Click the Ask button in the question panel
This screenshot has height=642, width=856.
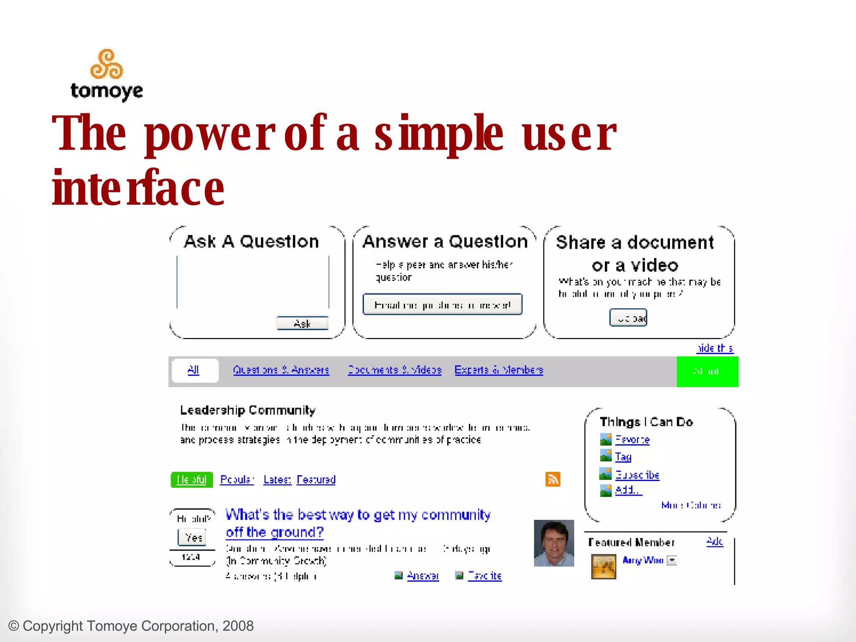point(302,324)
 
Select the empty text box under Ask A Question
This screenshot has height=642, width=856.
point(253,282)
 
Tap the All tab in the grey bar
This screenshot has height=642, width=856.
point(194,370)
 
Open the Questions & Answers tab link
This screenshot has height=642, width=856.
point(281,370)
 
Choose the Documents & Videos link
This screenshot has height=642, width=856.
point(395,370)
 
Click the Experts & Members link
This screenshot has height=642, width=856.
point(499,370)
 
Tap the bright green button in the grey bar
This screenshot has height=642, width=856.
point(707,372)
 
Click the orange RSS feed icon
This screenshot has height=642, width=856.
point(553,479)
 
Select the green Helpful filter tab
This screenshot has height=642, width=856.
point(192,480)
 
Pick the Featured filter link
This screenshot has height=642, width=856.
point(316,480)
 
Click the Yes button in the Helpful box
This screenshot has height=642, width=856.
point(192,538)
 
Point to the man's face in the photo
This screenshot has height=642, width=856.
point(554,543)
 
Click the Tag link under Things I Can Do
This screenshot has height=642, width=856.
point(623,457)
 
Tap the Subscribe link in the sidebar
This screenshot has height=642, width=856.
point(637,475)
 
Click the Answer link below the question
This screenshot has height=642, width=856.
point(423,576)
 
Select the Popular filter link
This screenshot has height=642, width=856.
point(237,480)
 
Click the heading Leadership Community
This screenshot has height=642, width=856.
point(248,410)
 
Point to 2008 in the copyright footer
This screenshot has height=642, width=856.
point(238,626)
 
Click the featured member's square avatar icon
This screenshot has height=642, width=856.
point(604,567)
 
